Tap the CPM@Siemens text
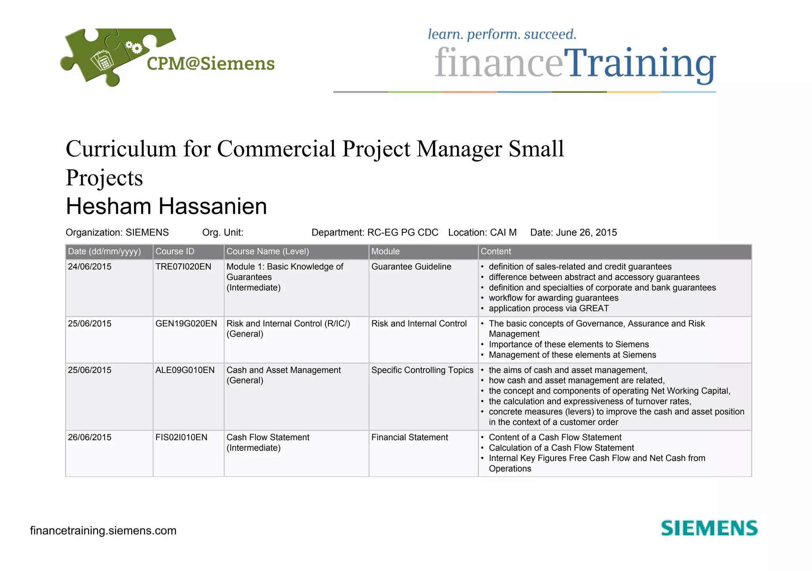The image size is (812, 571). pyautogui.click(x=211, y=64)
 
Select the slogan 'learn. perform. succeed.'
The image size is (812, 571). pyautogui.click(x=502, y=34)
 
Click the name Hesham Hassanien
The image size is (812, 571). pyautogui.click(x=167, y=206)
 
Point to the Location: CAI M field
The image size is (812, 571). pyautogui.click(x=482, y=232)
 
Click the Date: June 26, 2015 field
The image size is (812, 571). pyautogui.click(x=573, y=232)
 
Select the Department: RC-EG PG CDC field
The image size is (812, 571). pyautogui.click(x=375, y=232)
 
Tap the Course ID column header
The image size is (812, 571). pyautogui.click(x=175, y=251)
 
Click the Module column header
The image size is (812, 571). pyautogui.click(x=385, y=251)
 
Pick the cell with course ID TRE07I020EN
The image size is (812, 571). pyautogui.click(x=183, y=266)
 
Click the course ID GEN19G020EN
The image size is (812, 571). pyautogui.click(x=186, y=324)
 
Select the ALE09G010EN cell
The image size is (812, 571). pyautogui.click(x=185, y=370)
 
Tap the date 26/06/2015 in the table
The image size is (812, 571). pyautogui.click(x=90, y=437)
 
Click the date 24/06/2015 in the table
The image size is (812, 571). pyautogui.click(x=90, y=266)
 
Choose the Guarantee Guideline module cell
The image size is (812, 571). pyautogui.click(x=411, y=266)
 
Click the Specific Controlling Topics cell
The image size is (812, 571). pyautogui.click(x=422, y=370)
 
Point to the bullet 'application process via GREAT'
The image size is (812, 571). pyautogui.click(x=548, y=308)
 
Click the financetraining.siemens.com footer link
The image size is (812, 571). pyautogui.click(x=103, y=531)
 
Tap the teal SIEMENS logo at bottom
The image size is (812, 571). pyautogui.click(x=709, y=528)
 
